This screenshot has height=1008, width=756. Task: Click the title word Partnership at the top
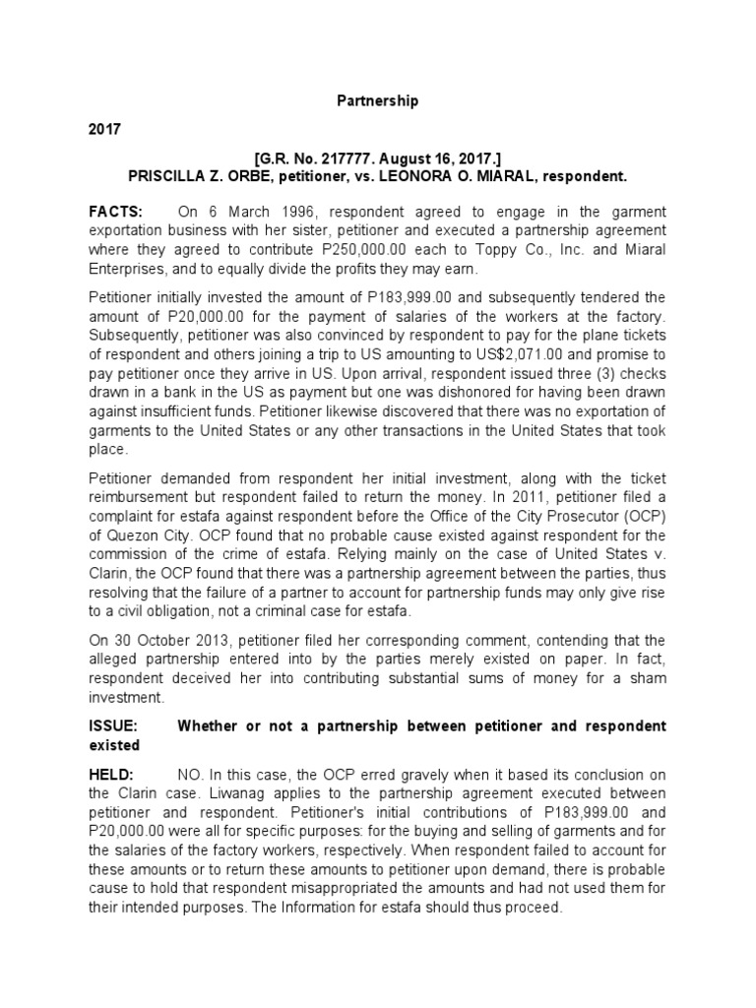click(x=379, y=100)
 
